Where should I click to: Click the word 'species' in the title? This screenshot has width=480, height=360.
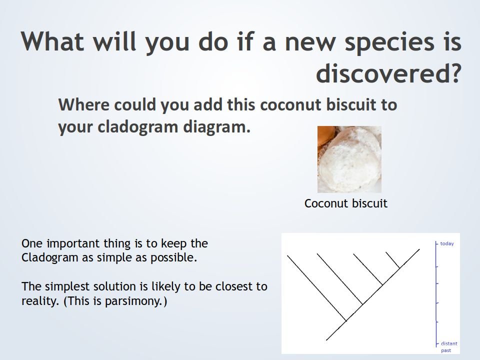(x=389, y=42)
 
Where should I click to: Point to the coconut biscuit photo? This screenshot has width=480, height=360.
(x=349, y=159)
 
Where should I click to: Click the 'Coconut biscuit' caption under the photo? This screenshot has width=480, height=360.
(x=346, y=203)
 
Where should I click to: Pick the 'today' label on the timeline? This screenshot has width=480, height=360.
(x=447, y=243)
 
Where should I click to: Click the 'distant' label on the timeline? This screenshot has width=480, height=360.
(x=449, y=343)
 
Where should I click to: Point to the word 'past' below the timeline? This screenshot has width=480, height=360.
(x=446, y=350)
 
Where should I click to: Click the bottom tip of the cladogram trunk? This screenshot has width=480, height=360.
(x=326, y=340)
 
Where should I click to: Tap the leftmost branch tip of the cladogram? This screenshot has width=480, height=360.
(x=287, y=255)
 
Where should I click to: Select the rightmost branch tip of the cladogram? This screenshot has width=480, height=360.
(x=419, y=249)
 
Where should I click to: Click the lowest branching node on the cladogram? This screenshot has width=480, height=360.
(x=346, y=321)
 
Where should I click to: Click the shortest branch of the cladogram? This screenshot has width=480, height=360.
(x=393, y=260)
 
